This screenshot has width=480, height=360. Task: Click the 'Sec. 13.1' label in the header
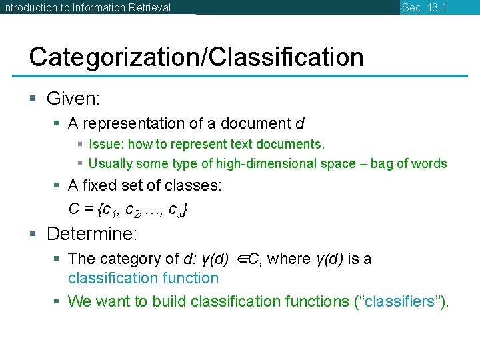424,7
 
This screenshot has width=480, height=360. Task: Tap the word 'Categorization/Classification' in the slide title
196,57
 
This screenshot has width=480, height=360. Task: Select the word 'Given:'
73,99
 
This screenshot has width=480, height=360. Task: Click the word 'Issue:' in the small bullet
106,144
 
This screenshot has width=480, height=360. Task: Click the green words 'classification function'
143,278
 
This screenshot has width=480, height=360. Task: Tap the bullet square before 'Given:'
34,100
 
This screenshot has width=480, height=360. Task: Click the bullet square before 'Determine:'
34,235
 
